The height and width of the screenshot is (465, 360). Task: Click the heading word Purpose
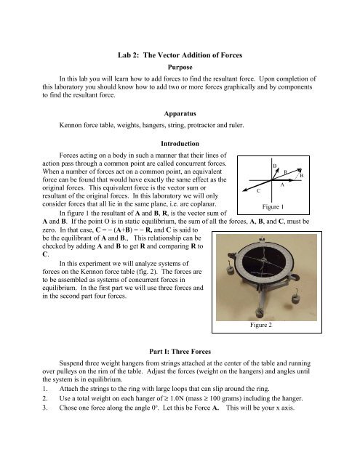[x=180, y=68]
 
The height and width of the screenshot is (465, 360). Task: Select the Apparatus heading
[x=180, y=113]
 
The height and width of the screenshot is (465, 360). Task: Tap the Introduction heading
[x=180, y=144]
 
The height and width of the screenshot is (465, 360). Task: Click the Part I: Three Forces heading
[x=180, y=352]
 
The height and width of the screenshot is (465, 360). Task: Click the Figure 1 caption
[x=273, y=206]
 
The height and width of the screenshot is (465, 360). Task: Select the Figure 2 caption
[x=261, y=325]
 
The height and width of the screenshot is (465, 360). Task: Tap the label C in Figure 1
[x=258, y=190]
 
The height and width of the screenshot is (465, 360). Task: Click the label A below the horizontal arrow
[x=282, y=185]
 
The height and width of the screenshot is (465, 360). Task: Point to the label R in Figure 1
[x=286, y=171]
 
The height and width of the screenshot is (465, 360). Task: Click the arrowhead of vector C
[x=244, y=190]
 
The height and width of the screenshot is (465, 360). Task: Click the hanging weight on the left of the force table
[x=230, y=270]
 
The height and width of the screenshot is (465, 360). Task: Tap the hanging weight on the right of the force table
[x=295, y=299]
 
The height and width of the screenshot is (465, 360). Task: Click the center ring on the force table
[x=265, y=260]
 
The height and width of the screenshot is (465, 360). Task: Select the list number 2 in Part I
[x=44, y=398]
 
